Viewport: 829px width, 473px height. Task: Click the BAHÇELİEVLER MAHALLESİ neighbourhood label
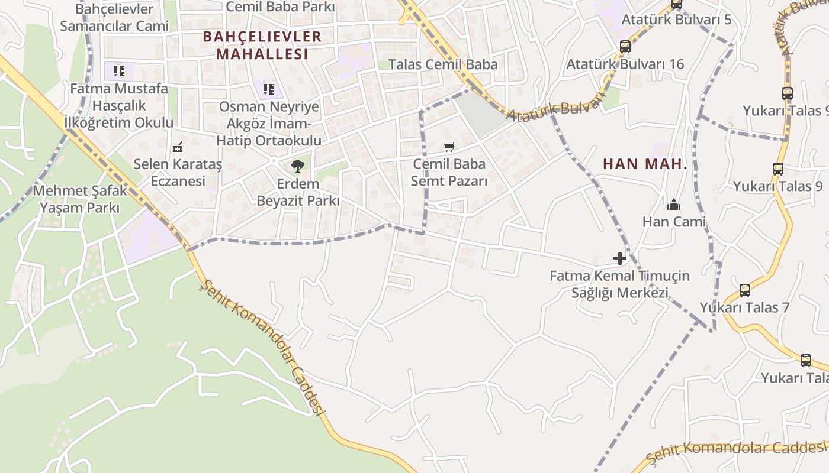pos(262,45)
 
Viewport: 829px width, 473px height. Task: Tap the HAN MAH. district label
pos(645,164)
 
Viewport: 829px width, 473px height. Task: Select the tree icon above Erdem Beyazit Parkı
pos(298,166)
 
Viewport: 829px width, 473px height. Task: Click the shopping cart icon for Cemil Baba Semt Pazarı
pos(449,146)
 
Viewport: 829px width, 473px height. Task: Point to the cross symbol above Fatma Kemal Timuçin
pos(620,258)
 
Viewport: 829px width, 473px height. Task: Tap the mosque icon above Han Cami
pos(674,205)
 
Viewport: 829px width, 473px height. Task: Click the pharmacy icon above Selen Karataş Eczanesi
pos(177,147)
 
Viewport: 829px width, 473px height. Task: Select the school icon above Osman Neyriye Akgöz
pos(268,89)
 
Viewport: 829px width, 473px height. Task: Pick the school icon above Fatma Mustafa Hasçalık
pos(119,71)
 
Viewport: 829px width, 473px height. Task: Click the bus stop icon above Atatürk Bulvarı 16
pos(625,47)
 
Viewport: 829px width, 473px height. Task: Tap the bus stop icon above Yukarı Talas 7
pos(745,290)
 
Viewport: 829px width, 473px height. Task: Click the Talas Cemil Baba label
pos(443,64)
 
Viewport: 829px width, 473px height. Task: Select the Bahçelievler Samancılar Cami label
pos(114,18)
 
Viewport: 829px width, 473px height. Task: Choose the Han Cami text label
pos(674,222)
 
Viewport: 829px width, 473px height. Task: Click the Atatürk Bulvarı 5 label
pos(676,20)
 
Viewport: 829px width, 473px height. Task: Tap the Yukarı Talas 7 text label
pos(744,307)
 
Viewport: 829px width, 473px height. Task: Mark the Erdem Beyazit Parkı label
pos(298,192)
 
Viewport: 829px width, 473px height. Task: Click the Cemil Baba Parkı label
pos(281,7)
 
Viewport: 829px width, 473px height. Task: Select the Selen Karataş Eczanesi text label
pos(178,172)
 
